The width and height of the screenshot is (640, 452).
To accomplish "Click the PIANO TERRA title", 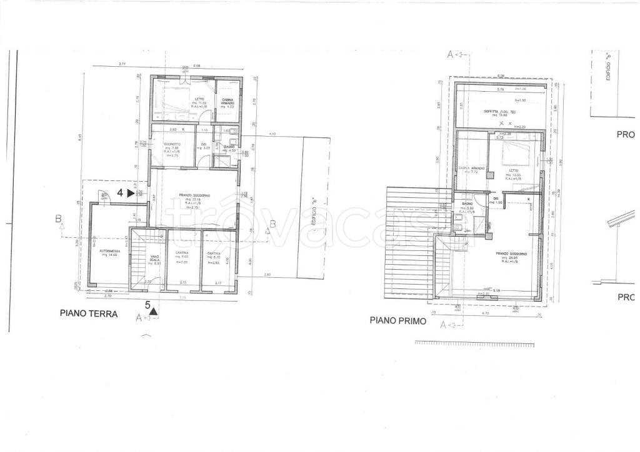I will click(89, 314).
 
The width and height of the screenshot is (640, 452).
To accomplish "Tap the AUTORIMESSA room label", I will click(101, 251).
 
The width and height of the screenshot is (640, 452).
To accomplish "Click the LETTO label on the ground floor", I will click(199, 99).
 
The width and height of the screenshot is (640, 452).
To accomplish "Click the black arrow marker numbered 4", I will click(131, 194).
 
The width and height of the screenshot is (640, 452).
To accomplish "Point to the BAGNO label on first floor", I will click(466, 204).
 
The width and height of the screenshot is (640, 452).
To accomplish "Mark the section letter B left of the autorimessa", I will click(59, 219).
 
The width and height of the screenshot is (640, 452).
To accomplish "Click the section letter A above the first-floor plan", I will click(450, 54).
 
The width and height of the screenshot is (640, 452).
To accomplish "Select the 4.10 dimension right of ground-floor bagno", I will click(272, 134).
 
